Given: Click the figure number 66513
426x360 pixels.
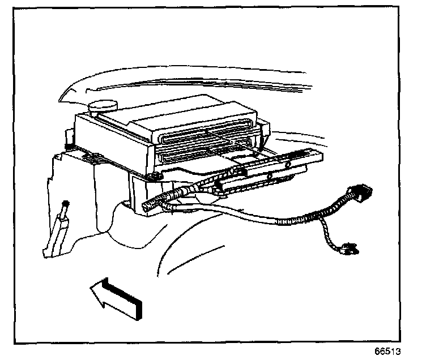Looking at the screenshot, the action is pyautogui.click(x=391, y=349).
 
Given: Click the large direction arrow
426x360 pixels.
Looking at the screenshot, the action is pyautogui.click(x=116, y=297).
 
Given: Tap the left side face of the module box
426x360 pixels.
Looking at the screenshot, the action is pyautogui.click(x=108, y=142).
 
